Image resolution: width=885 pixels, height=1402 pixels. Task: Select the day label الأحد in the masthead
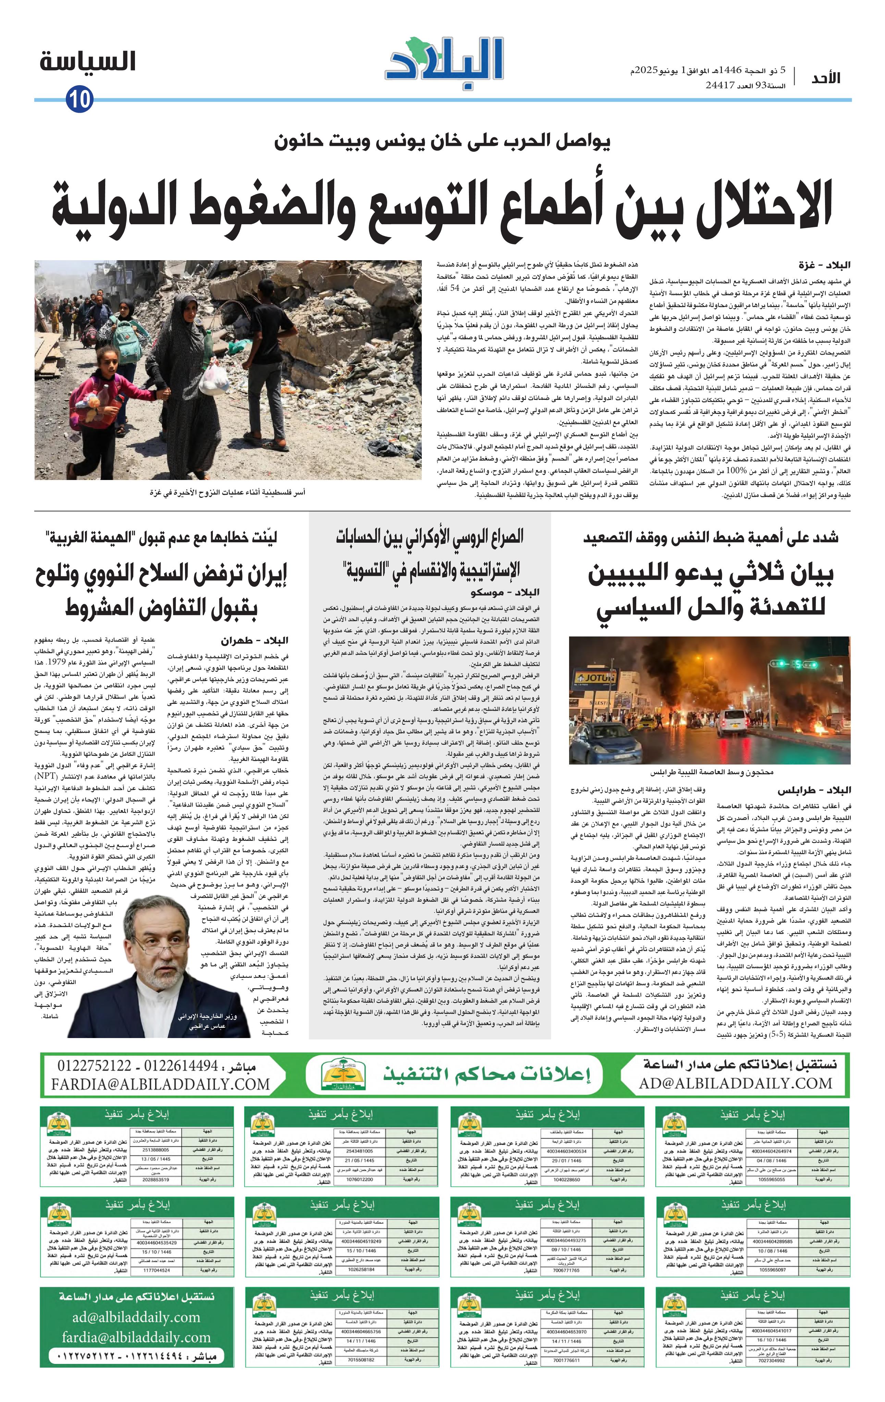click(x=826, y=79)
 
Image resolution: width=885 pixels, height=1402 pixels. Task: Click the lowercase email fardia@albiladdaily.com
click(x=136, y=1337)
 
